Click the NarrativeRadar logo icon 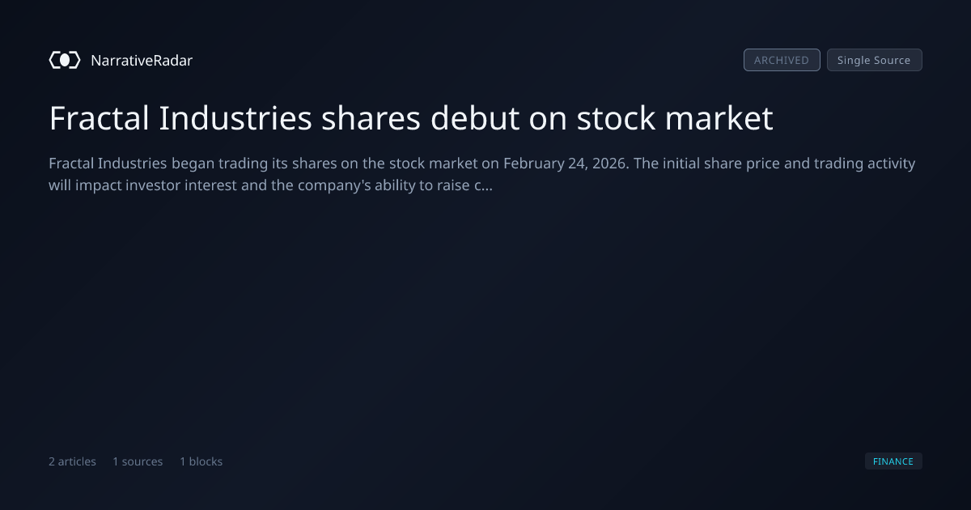[65, 60]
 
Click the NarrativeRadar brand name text [142, 61]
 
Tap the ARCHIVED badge [782, 60]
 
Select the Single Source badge [875, 60]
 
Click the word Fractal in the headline [100, 118]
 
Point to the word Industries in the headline [235, 118]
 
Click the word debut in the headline [475, 118]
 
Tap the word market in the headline [719, 118]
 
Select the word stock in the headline [616, 118]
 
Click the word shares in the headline [371, 118]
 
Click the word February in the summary [533, 164]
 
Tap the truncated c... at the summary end [483, 185]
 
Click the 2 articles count [72, 461]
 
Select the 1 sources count [138, 461]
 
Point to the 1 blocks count [201, 461]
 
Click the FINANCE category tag [893, 461]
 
